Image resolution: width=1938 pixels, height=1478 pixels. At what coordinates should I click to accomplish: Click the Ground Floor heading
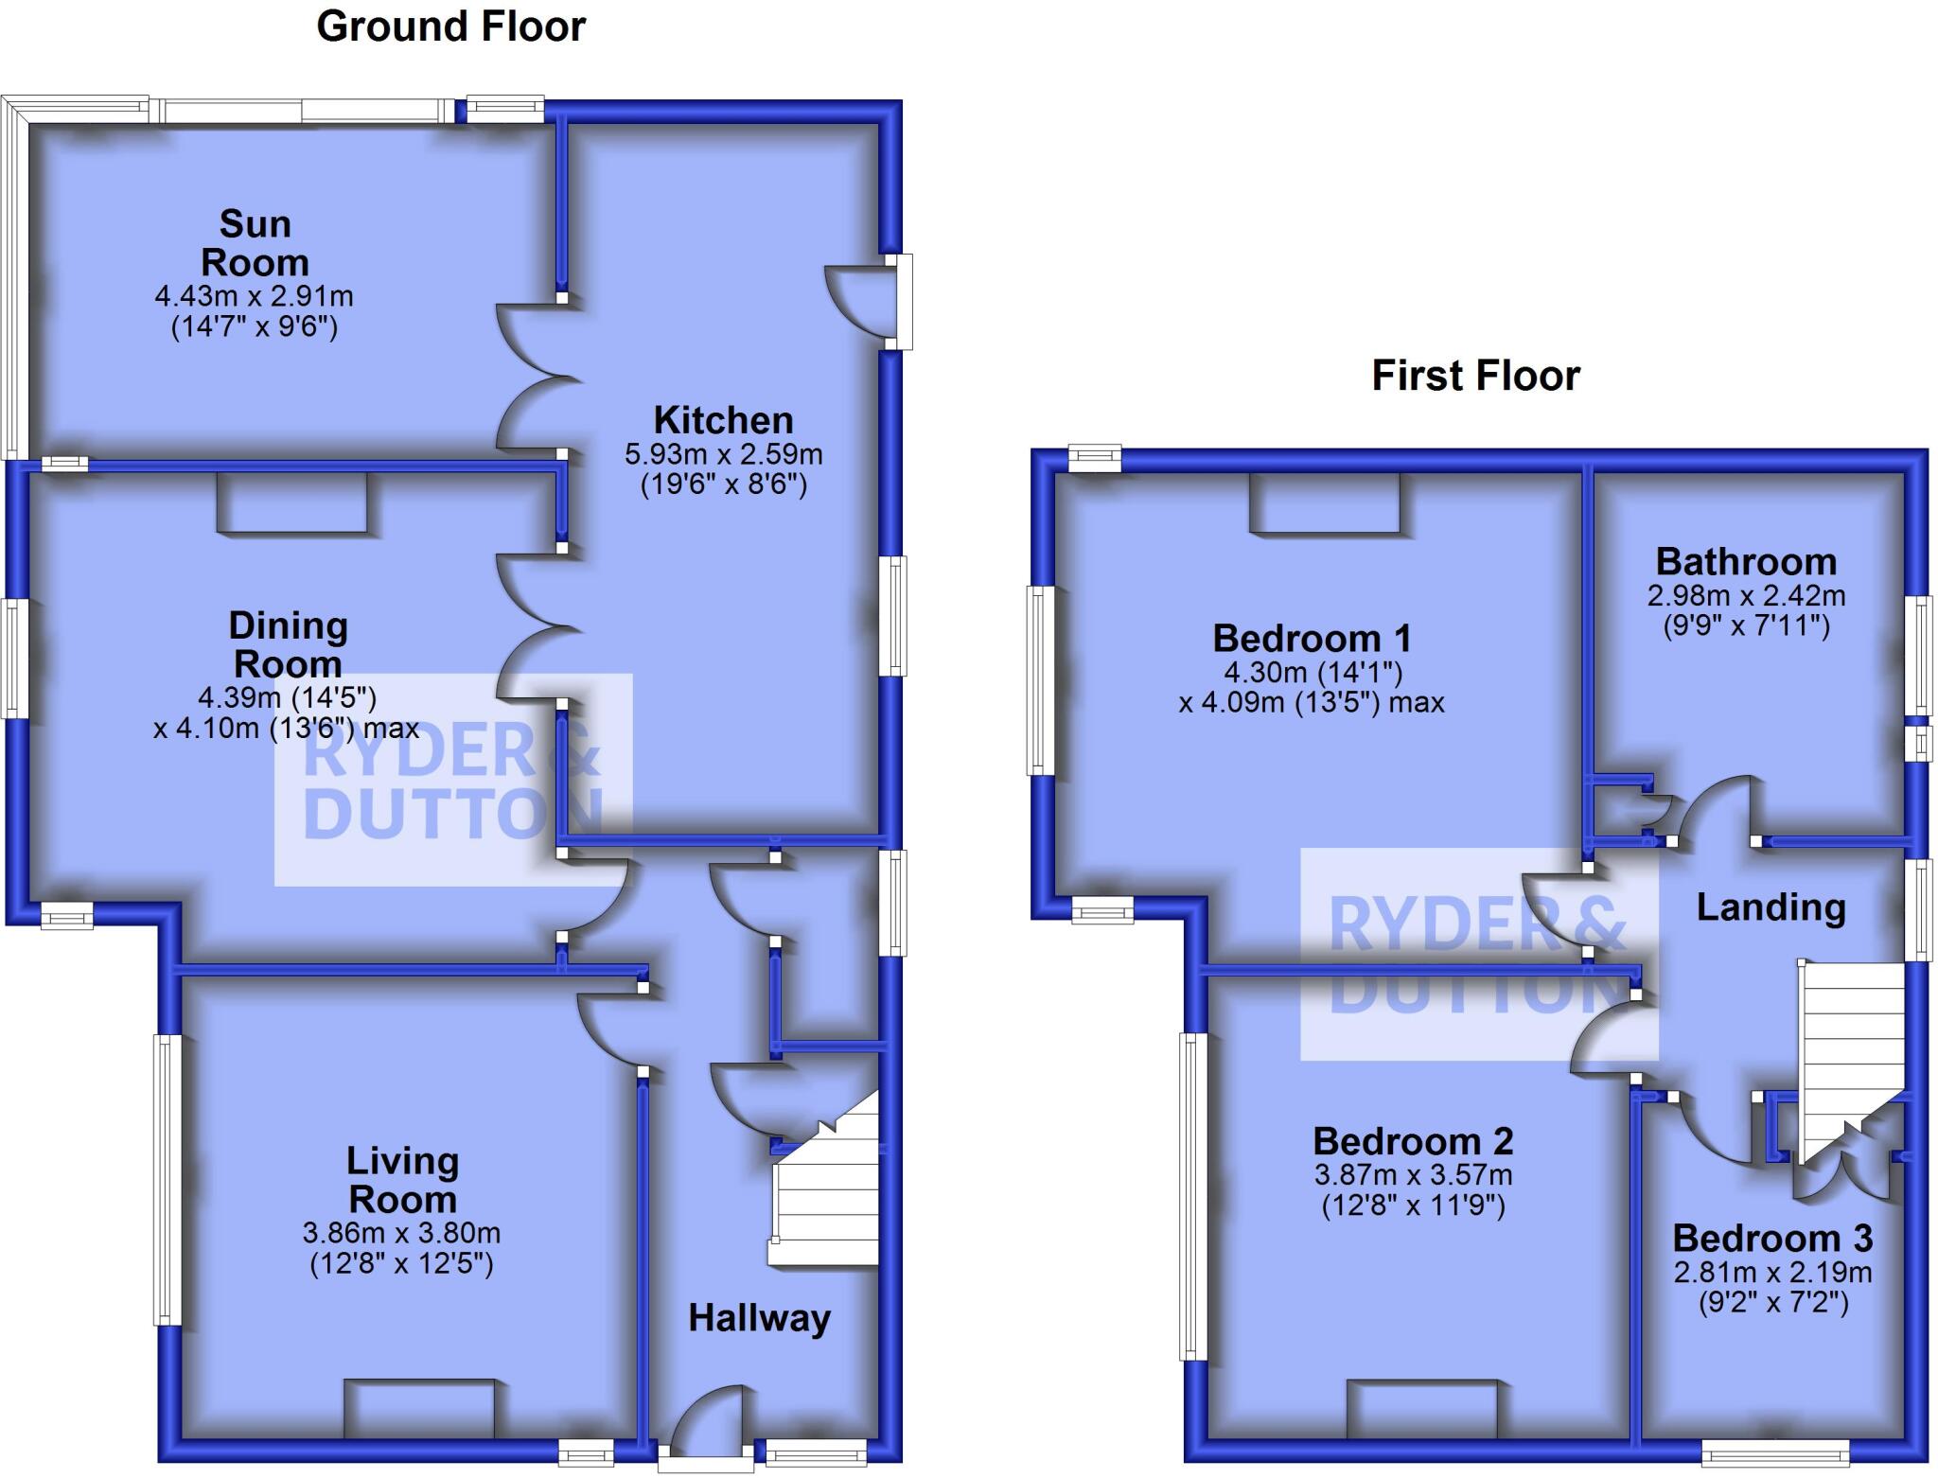click(x=450, y=26)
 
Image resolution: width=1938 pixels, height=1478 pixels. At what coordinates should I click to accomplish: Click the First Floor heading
click(x=1475, y=376)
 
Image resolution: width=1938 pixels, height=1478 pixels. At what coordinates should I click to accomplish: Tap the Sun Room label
click(x=255, y=243)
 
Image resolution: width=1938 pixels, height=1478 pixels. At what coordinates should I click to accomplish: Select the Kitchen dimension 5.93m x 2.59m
click(x=723, y=454)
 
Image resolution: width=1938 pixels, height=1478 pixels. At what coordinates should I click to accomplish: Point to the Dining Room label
click(x=288, y=644)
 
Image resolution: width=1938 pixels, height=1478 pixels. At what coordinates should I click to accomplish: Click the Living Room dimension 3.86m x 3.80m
click(x=401, y=1233)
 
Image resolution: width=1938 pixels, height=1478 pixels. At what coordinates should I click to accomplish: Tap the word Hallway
click(x=759, y=1317)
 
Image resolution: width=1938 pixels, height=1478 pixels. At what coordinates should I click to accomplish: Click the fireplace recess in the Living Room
click(x=419, y=1410)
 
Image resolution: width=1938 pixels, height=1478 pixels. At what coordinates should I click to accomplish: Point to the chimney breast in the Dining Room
click(x=291, y=501)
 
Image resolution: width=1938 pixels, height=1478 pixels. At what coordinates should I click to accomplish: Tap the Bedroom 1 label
click(x=1312, y=639)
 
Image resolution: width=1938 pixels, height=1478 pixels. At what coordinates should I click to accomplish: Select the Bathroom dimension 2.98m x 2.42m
click(x=1746, y=595)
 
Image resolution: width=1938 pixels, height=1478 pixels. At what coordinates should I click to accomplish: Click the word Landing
click(x=1771, y=907)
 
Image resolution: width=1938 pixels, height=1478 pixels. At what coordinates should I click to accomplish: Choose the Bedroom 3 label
click(x=1772, y=1238)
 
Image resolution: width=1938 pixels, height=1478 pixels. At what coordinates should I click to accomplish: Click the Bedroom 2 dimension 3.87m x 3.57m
click(x=1413, y=1175)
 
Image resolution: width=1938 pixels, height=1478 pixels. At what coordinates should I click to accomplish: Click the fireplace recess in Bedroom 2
click(x=1422, y=1410)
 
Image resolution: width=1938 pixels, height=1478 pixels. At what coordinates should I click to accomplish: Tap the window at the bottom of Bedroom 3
click(x=1775, y=1452)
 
